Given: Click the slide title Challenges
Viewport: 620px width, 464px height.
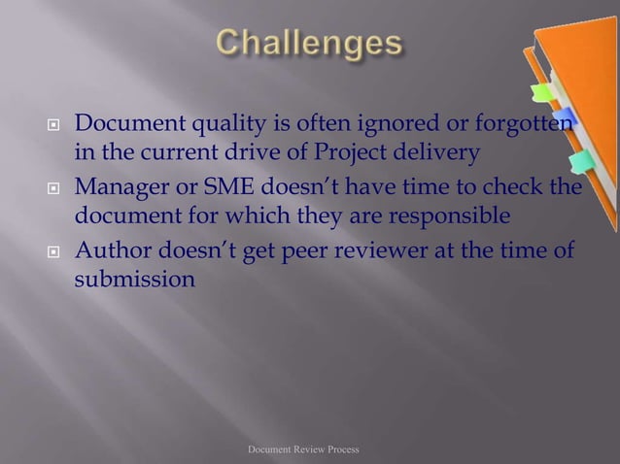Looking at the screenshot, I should coord(308,44).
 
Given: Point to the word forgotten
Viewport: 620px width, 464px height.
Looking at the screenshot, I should coord(519,127).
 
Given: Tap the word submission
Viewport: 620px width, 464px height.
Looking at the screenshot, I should coord(136,280).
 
